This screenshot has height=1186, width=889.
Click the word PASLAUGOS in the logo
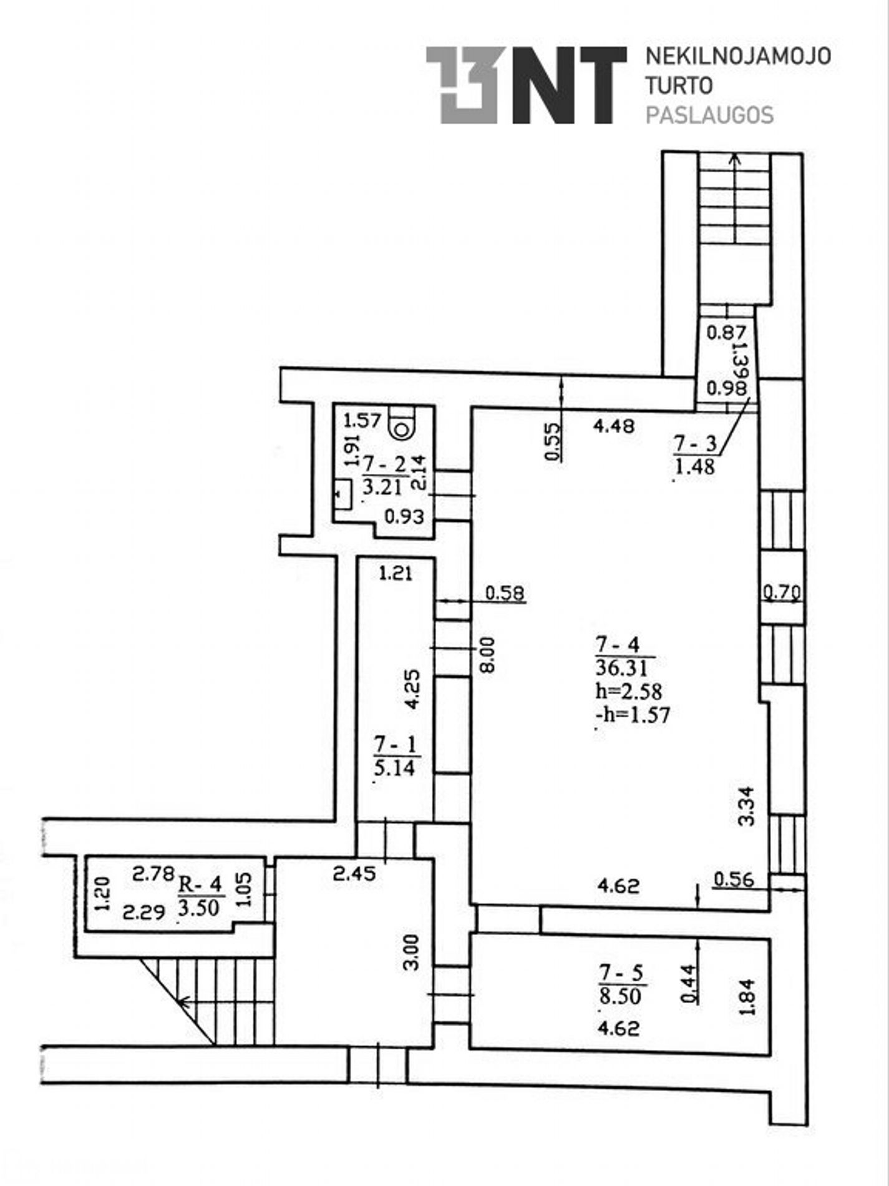click(x=709, y=115)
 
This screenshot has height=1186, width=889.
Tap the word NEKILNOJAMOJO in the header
click(x=738, y=56)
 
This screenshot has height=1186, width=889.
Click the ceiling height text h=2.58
click(x=629, y=691)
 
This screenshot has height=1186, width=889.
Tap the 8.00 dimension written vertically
click(x=487, y=654)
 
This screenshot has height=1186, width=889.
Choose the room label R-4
click(x=200, y=884)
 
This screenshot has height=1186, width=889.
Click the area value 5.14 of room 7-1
click(x=394, y=767)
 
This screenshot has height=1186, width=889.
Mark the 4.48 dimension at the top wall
click(x=614, y=426)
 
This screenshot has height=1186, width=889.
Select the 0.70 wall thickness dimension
click(x=782, y=591)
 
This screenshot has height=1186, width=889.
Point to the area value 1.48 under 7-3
click(x=694, y=467)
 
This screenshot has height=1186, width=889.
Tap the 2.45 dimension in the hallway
click(x=354, y=873)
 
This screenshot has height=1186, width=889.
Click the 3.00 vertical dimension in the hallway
click(x=411, y=951)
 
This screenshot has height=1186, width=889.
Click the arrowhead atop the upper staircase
click(x=736, y=159)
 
